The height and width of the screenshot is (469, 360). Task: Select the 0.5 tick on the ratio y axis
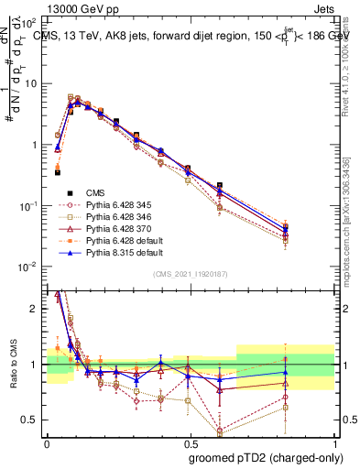coord(32,420)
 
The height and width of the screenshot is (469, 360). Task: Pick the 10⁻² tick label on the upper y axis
coord(29,267)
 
